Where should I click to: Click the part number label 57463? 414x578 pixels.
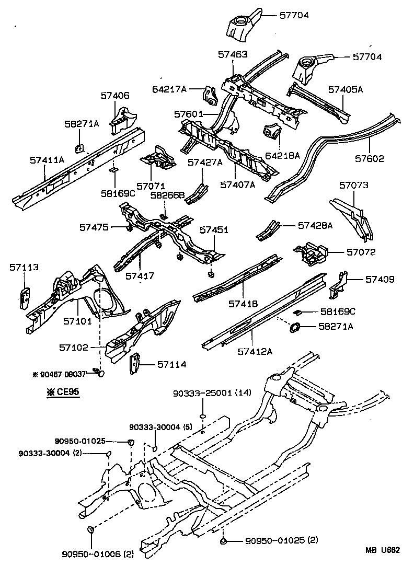[x=233, y=54]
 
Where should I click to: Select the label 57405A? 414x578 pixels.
[x=346, y=89]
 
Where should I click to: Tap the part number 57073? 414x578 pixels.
[x=353, y=185]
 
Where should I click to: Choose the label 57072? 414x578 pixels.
[x=361, y=252]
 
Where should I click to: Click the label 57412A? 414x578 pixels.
[x=255, y=351]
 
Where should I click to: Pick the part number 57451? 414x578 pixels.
[x=214, y=229]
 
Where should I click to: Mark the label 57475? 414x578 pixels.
[x=94, y=227]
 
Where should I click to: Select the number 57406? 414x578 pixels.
[x=114, y=96]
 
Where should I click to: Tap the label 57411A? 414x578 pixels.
[x=47, y=159]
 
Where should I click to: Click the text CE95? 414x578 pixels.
[x=66, y=392]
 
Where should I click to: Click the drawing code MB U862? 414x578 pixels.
[x=382, y=550]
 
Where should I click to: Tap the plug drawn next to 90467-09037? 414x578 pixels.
[x=100, y=373]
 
